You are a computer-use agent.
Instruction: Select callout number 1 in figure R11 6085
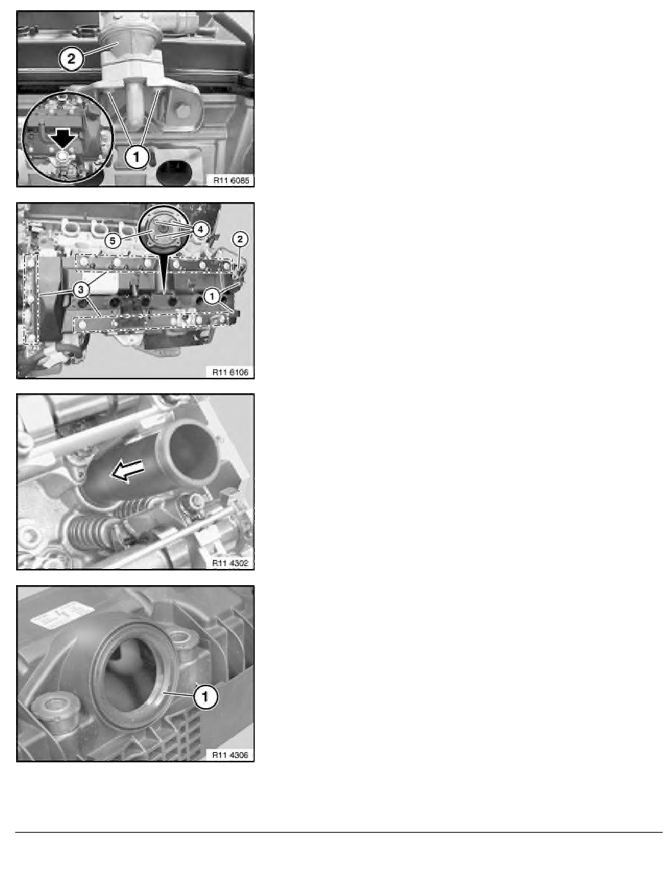[x=136, y=156]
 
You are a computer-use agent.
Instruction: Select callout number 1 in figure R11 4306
[x=206, y=698]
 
